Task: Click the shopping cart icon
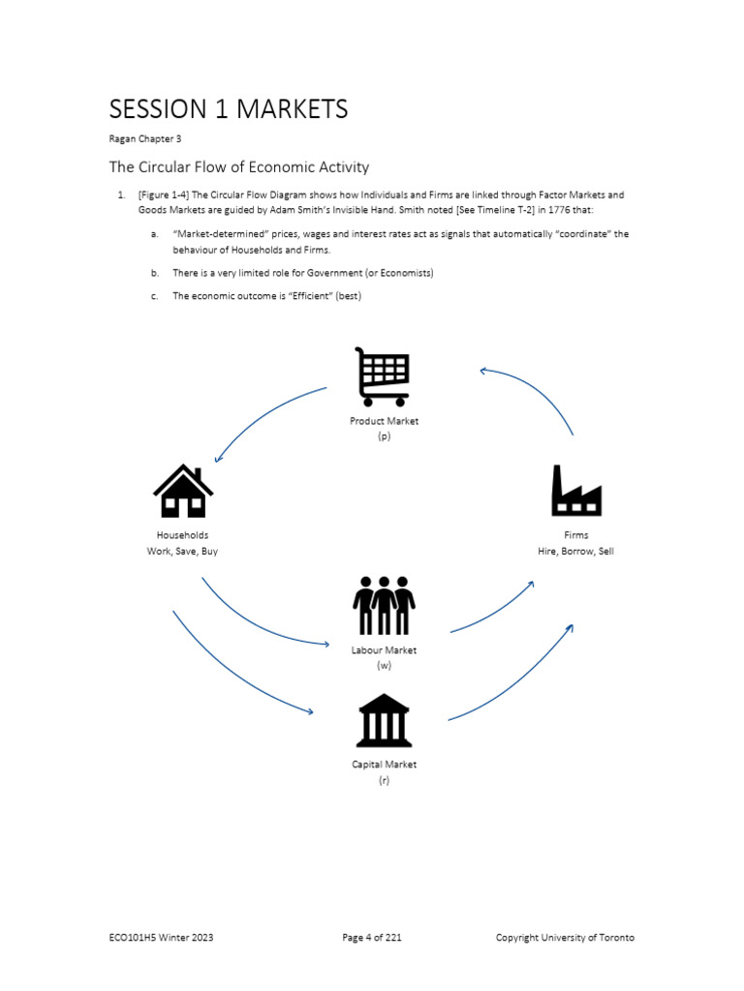[384, 376]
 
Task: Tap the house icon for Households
[183, 492]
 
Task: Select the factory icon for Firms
[576, 492]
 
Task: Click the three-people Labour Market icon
[384, 606]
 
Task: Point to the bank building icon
[384, 721]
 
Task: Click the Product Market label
[384, 421]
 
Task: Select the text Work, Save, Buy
[182, 552]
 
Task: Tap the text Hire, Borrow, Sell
[575, 552]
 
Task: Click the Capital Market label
[384, 765]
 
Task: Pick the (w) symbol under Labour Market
[384, 666]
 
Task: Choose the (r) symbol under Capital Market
[384, 780]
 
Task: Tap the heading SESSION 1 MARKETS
[228, 109]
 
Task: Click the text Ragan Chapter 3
[144, 139]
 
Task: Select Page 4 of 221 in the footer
[372, 938]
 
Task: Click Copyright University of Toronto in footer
[565, 938]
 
